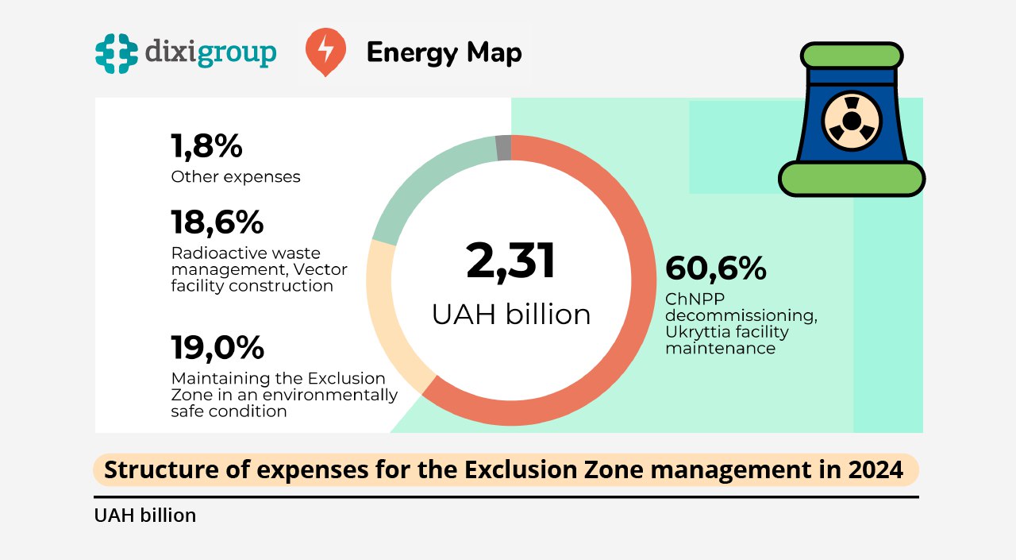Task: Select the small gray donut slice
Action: click(503, 148)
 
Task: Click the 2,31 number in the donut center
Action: click(511, 261)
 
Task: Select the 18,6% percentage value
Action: click(217, 222)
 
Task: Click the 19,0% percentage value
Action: click(217, 347)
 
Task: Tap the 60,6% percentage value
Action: click(715, 268)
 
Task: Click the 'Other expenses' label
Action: click(236, 176)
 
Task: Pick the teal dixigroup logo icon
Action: click(116, 53)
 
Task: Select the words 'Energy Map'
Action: click(444, 53)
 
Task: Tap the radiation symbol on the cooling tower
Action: click(851, 122)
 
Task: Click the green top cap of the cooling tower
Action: click(851, 56)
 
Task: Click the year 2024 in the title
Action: click(876, 469)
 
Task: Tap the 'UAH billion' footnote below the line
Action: click(144, 516)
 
